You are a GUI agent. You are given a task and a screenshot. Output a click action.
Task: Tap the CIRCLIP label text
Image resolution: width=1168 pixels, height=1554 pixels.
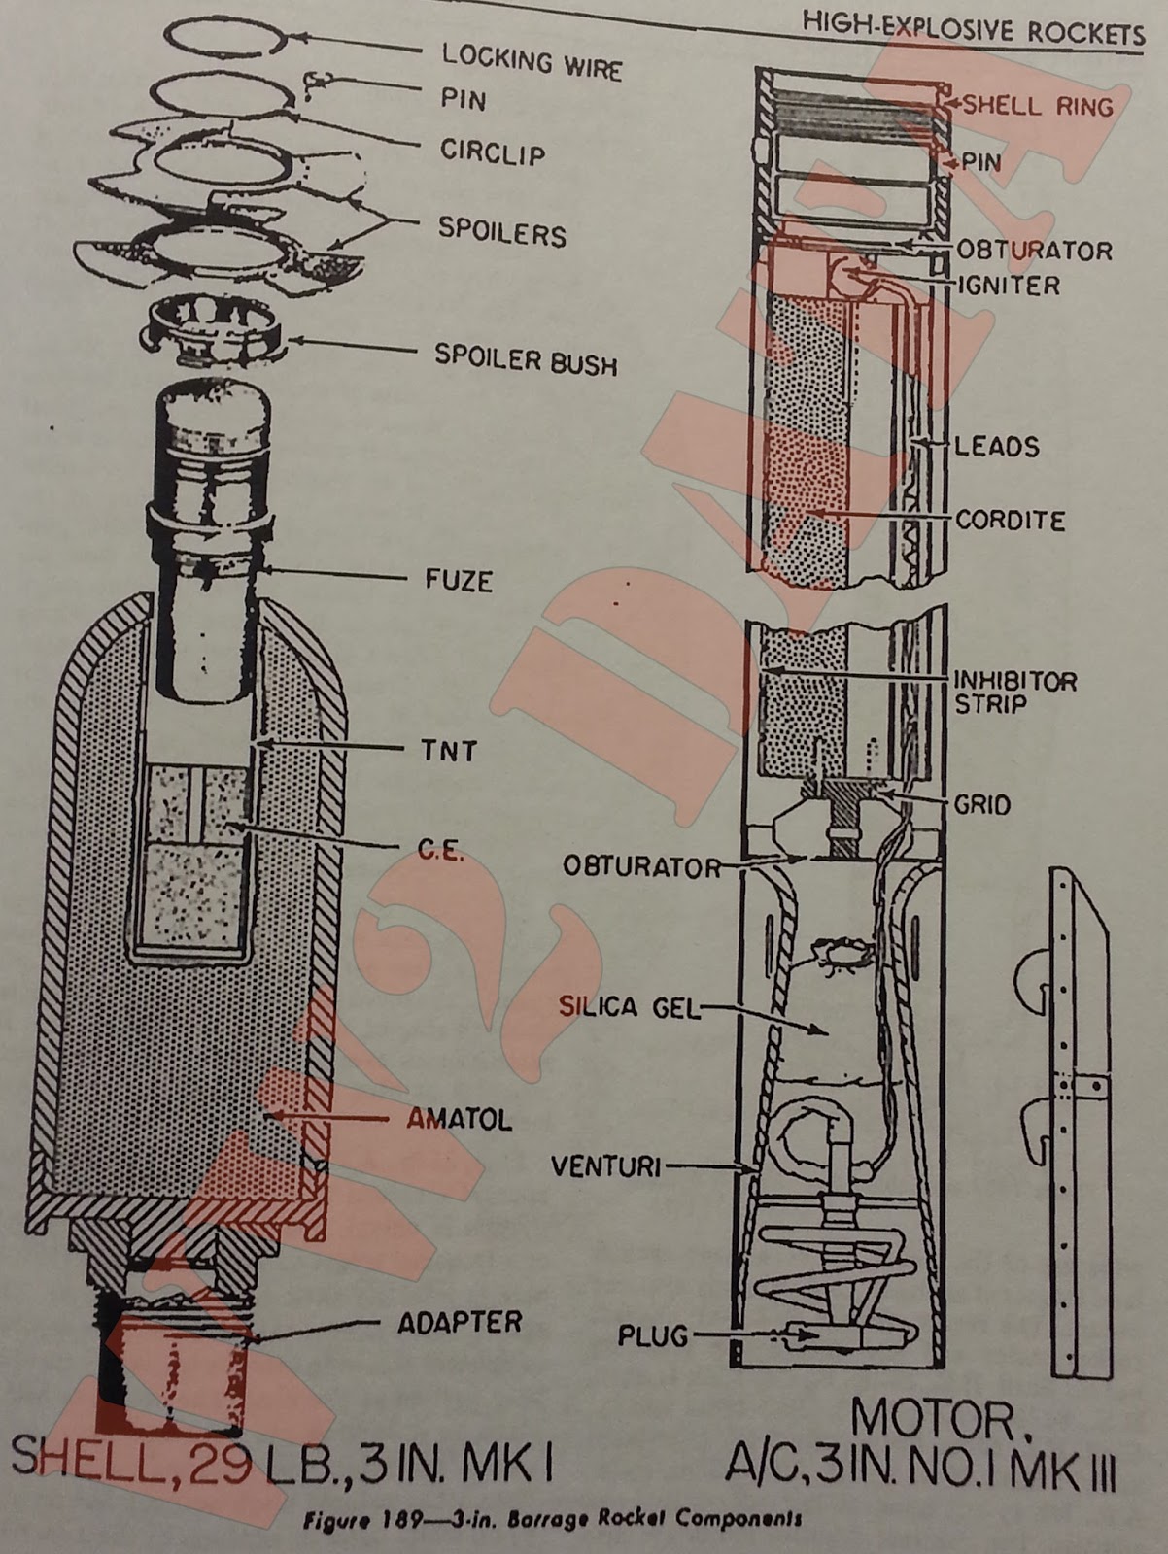[493, 152]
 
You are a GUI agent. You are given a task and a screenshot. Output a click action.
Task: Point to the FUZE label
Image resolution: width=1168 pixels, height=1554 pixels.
[459, 580]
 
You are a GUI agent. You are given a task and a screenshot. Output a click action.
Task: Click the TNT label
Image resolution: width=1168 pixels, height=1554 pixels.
[449, 750]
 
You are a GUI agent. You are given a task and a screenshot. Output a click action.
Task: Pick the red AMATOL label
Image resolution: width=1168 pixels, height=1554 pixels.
[459, 1119]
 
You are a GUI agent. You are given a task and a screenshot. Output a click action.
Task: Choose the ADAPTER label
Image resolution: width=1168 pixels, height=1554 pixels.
[459, 1322]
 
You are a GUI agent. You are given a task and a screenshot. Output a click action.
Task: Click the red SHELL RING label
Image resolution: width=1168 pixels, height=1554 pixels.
[1037, 105]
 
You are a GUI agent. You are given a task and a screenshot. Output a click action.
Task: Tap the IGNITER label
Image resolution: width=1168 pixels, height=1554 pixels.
[1008, 285]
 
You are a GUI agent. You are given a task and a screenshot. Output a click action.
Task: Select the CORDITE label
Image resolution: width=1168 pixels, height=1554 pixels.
[1010, 520]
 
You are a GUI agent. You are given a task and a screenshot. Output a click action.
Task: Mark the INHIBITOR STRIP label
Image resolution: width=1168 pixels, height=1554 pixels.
[1014, 692]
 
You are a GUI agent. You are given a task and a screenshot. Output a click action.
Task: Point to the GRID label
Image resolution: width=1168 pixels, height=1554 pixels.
[982, 804]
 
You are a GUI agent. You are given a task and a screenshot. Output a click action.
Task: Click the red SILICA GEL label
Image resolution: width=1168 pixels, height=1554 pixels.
[628, 1007]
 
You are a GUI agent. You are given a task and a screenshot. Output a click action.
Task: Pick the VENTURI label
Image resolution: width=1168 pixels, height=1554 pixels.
[605, 1165]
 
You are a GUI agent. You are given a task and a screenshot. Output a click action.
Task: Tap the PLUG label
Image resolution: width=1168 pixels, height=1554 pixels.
[652, 1336]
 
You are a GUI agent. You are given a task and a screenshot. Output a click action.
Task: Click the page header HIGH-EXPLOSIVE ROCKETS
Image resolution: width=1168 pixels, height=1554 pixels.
[973, 32]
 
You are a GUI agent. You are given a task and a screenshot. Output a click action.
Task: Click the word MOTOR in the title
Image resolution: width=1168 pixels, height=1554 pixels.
[932, 1420]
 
